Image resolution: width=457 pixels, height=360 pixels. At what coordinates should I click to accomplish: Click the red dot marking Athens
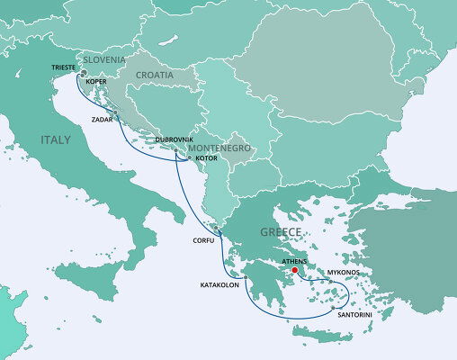[294, 268]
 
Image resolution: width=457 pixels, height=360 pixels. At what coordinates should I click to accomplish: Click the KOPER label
[96, 82]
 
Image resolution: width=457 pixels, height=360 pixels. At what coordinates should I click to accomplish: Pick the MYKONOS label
[344, 271]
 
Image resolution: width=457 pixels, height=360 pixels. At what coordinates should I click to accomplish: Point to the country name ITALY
[56, 139]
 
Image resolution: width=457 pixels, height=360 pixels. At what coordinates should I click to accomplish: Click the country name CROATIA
[155, 76]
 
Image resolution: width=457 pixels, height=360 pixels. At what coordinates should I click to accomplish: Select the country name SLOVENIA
[106, 59]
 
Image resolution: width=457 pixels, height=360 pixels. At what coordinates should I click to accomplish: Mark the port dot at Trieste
[83, 74]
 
